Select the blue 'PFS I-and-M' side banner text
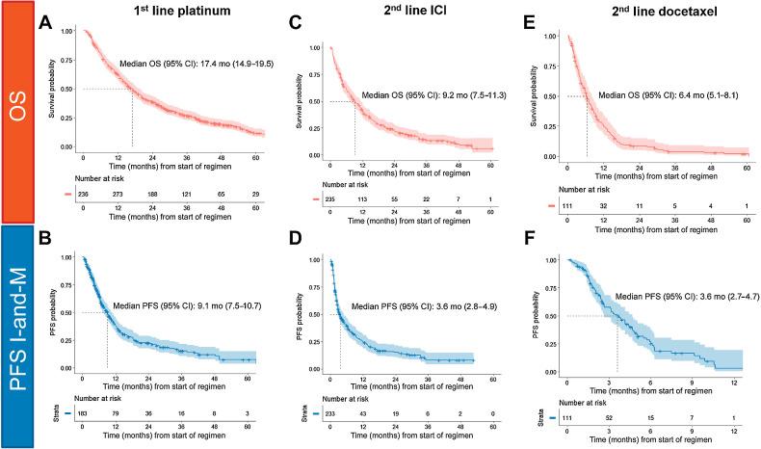17,337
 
